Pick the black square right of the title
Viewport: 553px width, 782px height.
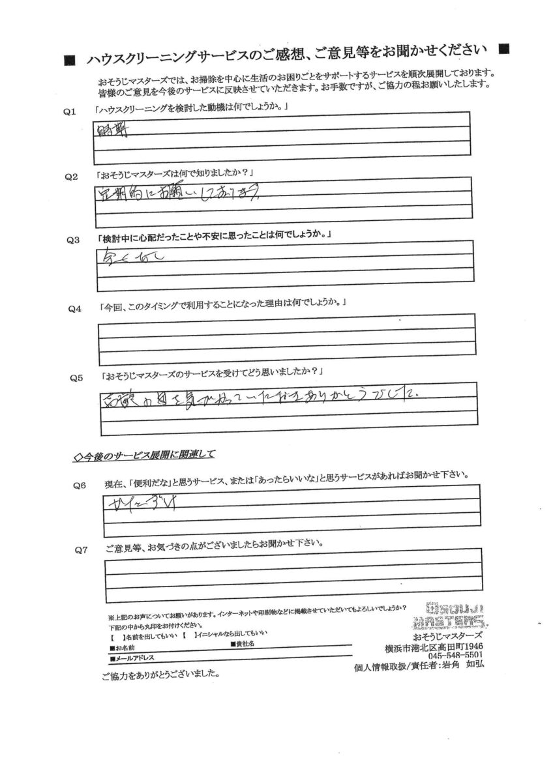coord(503,49)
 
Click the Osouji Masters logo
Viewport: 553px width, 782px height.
coord(453,613)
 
